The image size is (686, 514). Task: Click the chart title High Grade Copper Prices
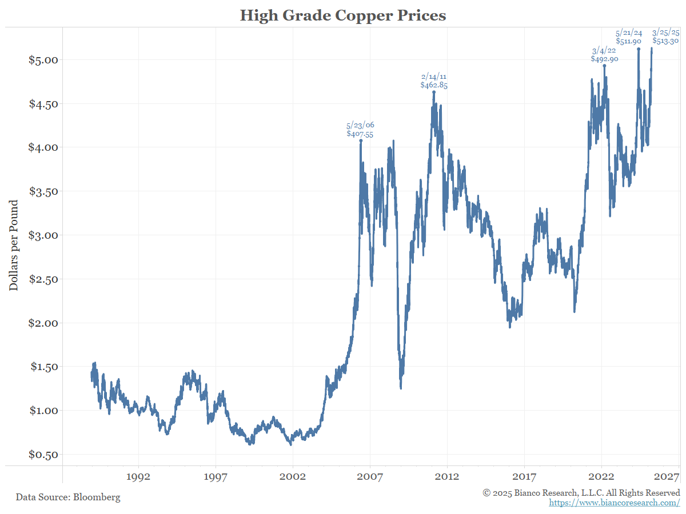coord(342,15)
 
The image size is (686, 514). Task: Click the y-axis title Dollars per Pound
coord(14,245)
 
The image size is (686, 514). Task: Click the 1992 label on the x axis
coord(138,476)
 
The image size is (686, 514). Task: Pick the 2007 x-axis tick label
coord(370,476)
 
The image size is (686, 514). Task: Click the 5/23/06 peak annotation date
coord(360,125)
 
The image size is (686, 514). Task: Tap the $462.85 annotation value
coord(434,85)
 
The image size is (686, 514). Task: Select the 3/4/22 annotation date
coord(604,50)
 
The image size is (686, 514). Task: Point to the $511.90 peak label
coord(629,41)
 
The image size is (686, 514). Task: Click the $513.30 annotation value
coord(665,41)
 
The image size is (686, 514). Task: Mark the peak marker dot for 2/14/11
coord(434,92)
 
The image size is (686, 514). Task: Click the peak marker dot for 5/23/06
coord(361,140)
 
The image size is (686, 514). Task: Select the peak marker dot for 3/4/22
coord(604,66)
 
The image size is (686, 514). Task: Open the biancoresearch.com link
coord(615,503)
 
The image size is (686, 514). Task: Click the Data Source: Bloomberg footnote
coord(68,497)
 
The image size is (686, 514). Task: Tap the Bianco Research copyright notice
coord(581,492)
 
